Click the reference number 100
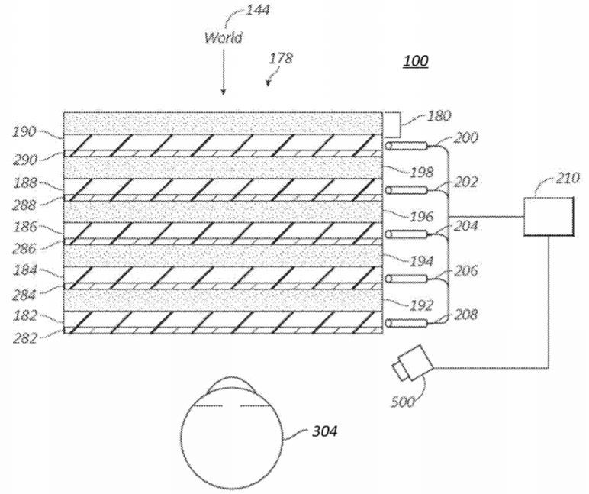(416, 60)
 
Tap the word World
(223, 37)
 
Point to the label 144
(257, 9)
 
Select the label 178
(281, 58)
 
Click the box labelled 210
(549, 217)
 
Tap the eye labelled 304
(232, 432)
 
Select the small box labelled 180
(392, 124)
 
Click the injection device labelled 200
(407, 146)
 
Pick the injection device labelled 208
(407, 323)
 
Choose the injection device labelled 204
(407, 234)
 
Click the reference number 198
(422, 173)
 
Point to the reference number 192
(422, 305)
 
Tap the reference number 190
(24, 131)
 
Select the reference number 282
(25, 338)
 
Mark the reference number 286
(24, 248)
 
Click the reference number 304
(325, 431)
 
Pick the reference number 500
(403, 402)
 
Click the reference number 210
(568, 178)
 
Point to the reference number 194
(422, 261)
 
